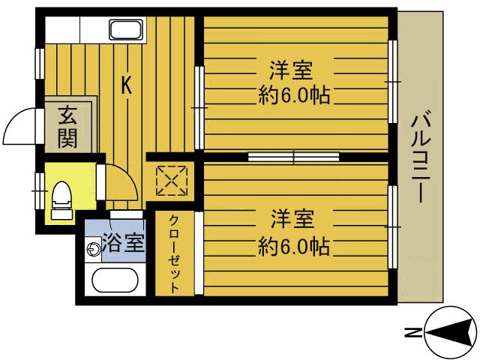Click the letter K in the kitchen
tap(127, 85)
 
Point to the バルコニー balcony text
tap(421, 157)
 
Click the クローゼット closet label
tap(174, 255)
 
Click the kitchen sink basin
tap(128, 31)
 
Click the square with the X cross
tap(169, 180)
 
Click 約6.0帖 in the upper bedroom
tap(295, 96)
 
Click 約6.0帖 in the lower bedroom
tap(295, 245)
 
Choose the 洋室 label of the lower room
tap(292, 220)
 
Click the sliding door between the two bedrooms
tap(293, 157)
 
